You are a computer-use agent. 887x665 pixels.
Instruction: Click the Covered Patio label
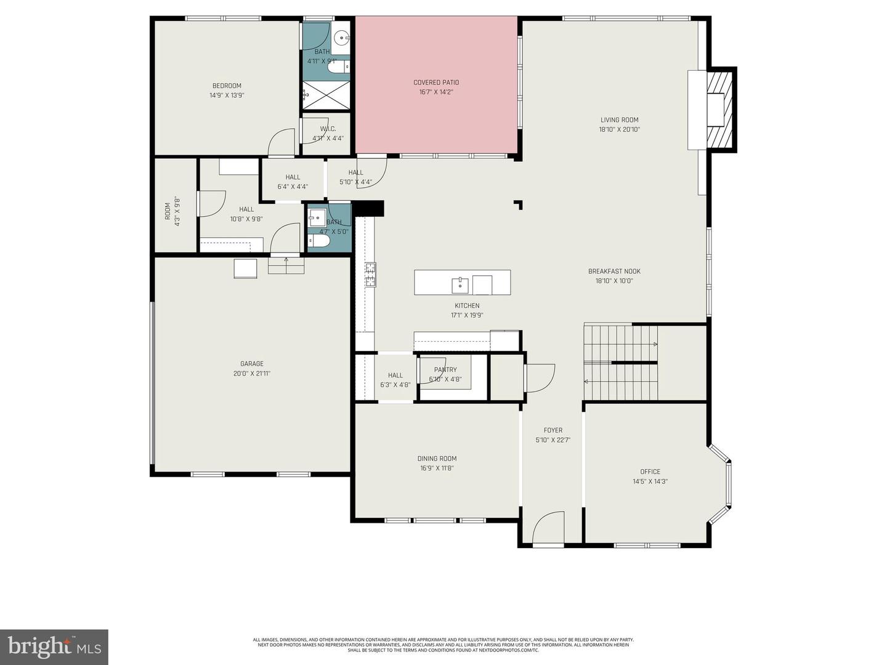click(x=435, y=83)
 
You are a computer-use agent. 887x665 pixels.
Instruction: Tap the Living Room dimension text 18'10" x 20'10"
click(x=619, y=130)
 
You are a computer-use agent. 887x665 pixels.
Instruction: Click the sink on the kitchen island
click(x=460, y=285)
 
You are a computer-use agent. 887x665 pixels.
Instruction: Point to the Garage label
click(x=252, y=364)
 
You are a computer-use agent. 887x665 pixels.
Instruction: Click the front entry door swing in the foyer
click(x=548, y=529)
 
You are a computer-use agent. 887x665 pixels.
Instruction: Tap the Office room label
click(x=650, y=472)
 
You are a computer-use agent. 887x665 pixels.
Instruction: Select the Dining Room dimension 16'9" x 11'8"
click(x=437, y=468)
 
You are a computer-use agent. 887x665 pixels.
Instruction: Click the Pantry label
click(x=445, y=370)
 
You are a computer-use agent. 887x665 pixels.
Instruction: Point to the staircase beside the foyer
click(x=620, y=362)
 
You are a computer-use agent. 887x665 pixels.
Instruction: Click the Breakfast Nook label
click(x=614, y=272)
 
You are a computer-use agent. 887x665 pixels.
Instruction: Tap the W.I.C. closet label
click(x=328, y=129)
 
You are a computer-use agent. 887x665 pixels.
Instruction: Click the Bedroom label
click(x=227, y=86)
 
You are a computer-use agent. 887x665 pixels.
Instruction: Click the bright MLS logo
click(x=54, y=647)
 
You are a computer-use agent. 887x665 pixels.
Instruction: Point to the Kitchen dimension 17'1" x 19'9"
click(x=467, y=315)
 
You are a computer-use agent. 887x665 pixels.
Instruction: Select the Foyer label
click(x=553, y=430)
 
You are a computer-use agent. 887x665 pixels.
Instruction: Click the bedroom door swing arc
click(x=282, y=142)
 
